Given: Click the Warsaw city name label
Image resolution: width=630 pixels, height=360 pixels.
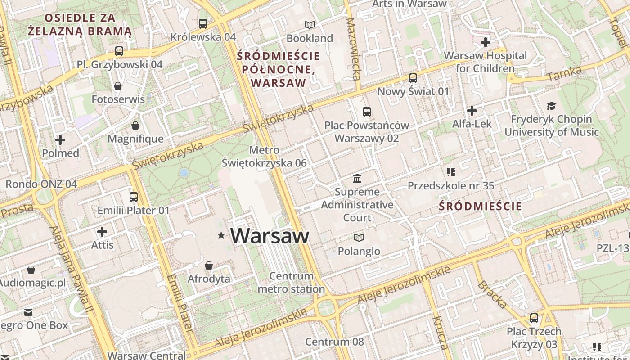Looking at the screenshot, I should coord(270,236).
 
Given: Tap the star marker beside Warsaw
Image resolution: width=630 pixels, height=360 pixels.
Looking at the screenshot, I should coord(221,235).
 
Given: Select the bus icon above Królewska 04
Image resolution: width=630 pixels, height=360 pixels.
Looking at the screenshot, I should coord(203,23).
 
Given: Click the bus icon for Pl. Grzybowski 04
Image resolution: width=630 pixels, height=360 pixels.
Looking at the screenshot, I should coord(119,51).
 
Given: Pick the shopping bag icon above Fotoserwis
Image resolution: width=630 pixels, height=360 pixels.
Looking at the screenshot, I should coord(118,85).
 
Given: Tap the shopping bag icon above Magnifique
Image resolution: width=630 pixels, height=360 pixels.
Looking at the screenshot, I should coord(135,125).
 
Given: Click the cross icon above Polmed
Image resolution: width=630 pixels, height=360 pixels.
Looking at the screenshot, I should coord(60,140).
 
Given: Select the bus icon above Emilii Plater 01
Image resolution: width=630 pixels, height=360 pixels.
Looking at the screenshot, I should coord(134,197).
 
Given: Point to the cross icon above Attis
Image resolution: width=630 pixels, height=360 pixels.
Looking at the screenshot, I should coord(102,232).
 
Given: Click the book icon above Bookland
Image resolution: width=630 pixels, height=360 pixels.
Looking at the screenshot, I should coord(310,25).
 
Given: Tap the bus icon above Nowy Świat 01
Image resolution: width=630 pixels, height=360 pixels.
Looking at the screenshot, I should coord(413,78).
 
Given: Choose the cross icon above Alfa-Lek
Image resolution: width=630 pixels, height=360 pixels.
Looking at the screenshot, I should coord(472,110).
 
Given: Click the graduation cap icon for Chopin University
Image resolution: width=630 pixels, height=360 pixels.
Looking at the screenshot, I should coord(551,106).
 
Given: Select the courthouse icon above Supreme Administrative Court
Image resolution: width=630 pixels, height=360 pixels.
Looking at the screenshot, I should coord(357,179).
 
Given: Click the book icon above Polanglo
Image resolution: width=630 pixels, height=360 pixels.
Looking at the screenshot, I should coord(359,238).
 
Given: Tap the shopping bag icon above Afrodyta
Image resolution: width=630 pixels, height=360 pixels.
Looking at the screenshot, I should coord(208,265).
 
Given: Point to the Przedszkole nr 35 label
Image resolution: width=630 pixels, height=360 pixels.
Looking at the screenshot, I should coord(450,185).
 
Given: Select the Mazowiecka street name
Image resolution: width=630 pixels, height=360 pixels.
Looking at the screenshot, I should coord(353,49).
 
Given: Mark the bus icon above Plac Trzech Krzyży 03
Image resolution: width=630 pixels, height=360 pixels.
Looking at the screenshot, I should coord(534,318).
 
